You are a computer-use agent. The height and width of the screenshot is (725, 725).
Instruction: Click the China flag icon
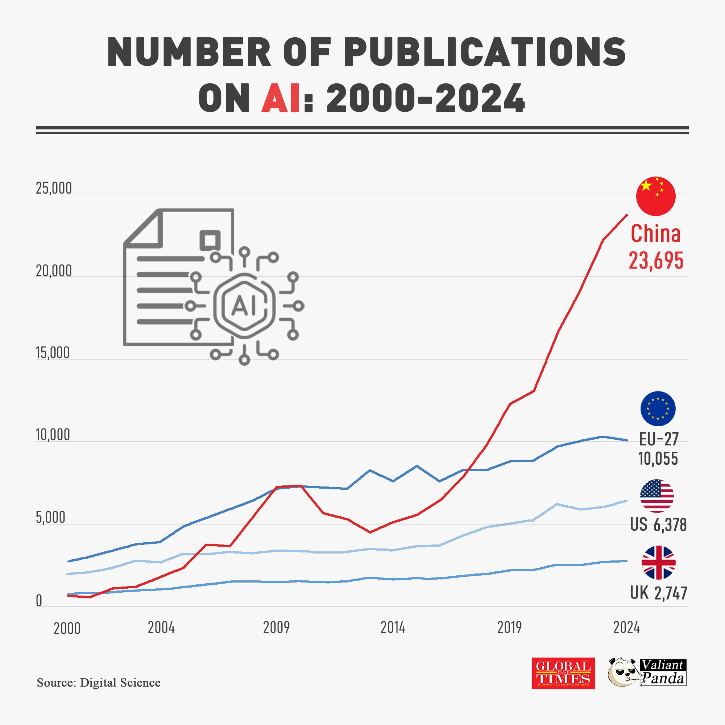[655, 196]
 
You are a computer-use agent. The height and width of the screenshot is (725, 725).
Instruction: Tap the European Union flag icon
[658, 409]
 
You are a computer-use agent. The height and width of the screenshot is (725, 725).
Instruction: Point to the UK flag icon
[658, 563]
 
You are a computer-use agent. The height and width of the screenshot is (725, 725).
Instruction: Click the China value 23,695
[656, 260]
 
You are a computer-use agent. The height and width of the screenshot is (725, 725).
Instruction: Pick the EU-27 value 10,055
[658, 459]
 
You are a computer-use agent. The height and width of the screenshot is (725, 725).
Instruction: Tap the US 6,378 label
[658, 525]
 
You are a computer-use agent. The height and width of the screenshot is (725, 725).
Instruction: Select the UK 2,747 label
[658, 593]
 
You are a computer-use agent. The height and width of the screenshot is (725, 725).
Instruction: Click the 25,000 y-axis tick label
[54, 189]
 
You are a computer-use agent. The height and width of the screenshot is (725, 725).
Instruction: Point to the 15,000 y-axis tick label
[53, 353]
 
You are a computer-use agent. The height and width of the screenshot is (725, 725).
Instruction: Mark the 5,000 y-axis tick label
[51, 518]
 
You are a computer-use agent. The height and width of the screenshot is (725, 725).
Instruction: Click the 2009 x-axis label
[276, 627]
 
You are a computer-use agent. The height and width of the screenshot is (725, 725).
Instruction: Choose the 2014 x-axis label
[393, 627]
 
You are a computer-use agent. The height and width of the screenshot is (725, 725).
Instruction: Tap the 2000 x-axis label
[67, 629]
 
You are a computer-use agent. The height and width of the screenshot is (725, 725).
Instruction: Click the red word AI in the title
[281, 98]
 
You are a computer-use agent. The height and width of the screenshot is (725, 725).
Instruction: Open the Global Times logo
[563, 673]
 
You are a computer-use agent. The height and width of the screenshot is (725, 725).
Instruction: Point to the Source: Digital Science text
[99, 683]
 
